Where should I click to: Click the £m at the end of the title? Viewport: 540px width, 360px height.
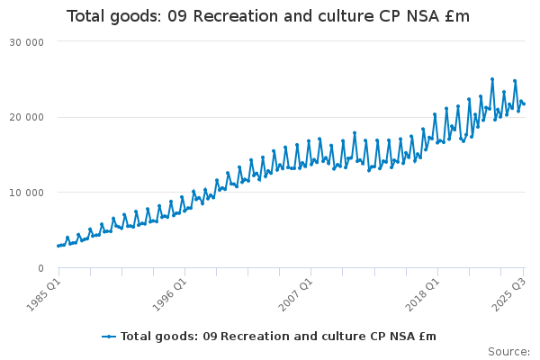[454, 17]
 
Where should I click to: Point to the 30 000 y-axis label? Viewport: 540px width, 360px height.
[29, 41]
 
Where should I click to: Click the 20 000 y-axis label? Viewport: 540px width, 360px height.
[29, 117]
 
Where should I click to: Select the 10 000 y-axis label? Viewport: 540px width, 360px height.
[29, 193]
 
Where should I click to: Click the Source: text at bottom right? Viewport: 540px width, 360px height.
[508, 351]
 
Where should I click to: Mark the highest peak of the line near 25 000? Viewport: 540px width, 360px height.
[492, 79]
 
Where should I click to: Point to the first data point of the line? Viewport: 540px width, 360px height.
[58, 246]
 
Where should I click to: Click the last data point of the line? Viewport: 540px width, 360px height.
[524, 103]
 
